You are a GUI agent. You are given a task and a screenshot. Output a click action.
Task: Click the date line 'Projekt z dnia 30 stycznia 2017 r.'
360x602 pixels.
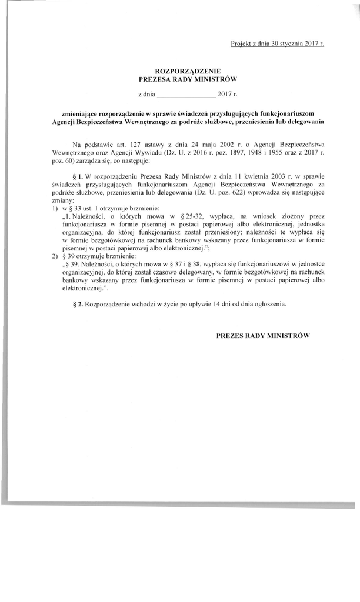coord(278,44)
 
